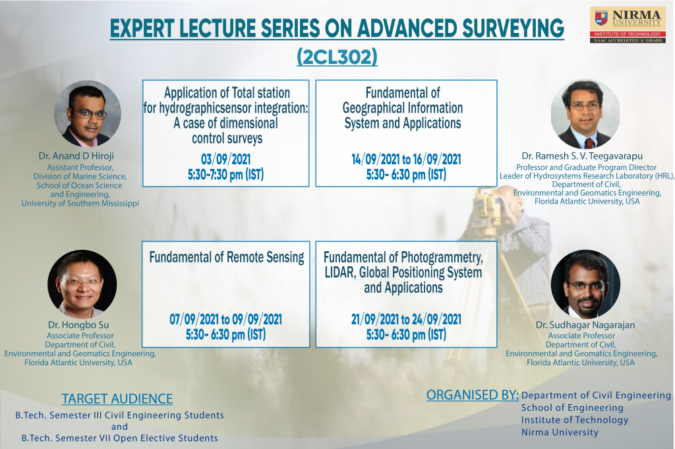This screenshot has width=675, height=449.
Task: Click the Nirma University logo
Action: click(628, 25)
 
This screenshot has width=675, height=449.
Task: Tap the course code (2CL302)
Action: click(337, 57)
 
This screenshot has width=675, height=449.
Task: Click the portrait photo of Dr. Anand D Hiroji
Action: click(88, 114)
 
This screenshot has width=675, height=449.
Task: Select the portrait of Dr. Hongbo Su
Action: click(82, 284)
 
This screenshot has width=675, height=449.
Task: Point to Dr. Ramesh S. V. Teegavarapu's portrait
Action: click(585, 115)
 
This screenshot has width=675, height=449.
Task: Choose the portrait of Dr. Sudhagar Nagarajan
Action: click(585, 284)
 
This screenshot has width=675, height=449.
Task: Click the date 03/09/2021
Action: click(225, 160)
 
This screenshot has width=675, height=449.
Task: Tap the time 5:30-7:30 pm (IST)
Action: click(225, 174)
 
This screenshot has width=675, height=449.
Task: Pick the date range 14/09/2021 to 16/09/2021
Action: click(406, 160)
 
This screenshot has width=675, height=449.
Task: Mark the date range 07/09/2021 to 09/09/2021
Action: click(225, 319)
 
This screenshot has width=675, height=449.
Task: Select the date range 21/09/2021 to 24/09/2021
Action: click(406, 319)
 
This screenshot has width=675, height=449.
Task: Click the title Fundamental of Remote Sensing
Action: click(227, 257)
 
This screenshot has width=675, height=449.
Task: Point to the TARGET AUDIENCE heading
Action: click(117, 399)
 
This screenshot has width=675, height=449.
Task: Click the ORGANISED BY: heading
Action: click(472, 395)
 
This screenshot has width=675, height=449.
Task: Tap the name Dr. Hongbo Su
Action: click(78, 325)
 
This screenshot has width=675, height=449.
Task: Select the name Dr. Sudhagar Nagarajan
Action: click(585, 325)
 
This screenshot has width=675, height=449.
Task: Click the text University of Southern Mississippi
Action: click(80, 203)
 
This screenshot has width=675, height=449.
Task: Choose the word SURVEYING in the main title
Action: click(513, 28)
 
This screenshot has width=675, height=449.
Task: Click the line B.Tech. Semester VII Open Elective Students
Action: click(120, 438)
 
